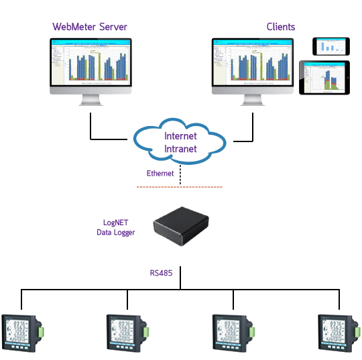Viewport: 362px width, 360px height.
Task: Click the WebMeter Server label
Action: coord(89,27)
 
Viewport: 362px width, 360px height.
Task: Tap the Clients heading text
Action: coord(280,27)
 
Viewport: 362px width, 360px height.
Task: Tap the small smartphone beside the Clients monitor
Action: coord(330,46)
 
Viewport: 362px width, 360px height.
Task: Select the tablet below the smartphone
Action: coord(324,78)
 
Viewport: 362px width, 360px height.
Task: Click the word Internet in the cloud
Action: coord(180,136)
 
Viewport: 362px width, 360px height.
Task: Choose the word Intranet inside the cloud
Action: coord(180,149)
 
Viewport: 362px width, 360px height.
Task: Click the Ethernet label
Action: coord(160,173)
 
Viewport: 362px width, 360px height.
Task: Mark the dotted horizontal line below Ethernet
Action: coord(167,185)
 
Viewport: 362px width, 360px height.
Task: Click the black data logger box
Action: coord(181,225)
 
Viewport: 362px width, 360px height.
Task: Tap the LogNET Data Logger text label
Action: coord(116,228)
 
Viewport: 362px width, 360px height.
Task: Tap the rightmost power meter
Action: coord(336,331)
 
